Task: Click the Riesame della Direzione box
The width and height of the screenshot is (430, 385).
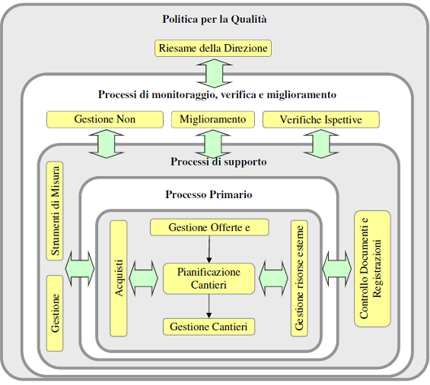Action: [213, 48]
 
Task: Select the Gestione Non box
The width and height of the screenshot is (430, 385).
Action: [105, 119]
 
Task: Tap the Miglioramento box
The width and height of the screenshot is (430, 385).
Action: [213, 119]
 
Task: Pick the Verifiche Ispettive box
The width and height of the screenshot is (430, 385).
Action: [321, 119]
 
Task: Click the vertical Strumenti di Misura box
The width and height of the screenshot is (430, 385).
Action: [55, 210]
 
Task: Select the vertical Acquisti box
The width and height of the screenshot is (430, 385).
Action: [119, 278]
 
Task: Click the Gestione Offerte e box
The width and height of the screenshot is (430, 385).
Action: [209, 227]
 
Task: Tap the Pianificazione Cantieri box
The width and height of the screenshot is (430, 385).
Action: [209, 279]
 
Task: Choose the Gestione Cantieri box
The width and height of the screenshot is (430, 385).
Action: [209, 327]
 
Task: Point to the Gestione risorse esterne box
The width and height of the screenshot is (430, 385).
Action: [299, 278]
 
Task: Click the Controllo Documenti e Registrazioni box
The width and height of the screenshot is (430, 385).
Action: [372, 269]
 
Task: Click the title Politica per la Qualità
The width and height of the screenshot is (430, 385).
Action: [215, 20]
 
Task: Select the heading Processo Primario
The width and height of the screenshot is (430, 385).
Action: [209, 194]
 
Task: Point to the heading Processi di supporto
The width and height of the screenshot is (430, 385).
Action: [218, 162]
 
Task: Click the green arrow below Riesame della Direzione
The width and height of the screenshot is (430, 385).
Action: [215, 73]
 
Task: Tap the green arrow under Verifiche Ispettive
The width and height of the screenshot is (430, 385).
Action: [321, 144]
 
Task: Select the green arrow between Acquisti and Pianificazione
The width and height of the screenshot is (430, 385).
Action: [143, 278]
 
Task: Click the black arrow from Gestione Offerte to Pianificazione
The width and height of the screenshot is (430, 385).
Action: [209, 249]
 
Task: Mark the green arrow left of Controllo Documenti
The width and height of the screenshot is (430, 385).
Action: [336, 269]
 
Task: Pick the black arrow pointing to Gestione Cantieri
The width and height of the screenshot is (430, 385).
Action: [209, 306]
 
